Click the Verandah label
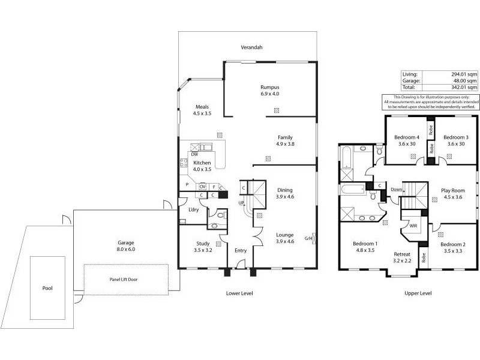click(x=252, y=47)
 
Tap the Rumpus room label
click(x=270, y=87)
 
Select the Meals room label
click(x=202, y=107)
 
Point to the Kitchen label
click(x=202, y=163)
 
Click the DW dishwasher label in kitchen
click(x=194, y=154)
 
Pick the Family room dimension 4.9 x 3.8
click(x=285, y=144)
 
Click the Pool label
click(x=47, y=288)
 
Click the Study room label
click(x=203, y=243)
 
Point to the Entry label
click(x=241, y=251)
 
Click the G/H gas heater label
click(x=308, y=238)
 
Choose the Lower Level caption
click(x=239, y=293)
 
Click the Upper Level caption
click(x=418, y=293)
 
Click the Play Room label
click(x=454, y=190)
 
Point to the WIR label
click(x=413, y=226)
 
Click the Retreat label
click(x=402, y=254)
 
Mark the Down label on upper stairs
click(x=397, y=190)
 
